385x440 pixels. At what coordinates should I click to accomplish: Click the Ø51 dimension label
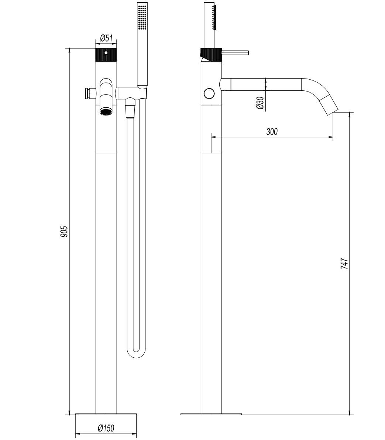click(106, 38)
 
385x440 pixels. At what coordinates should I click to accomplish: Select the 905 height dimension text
click(64, 231)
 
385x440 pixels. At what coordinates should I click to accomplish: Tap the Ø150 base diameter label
click(106, 428)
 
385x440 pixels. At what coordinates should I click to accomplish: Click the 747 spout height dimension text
click(344, 264)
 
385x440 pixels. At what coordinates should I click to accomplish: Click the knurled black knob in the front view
click(106, 55)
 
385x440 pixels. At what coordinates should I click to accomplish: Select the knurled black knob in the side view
click(211, 55)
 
